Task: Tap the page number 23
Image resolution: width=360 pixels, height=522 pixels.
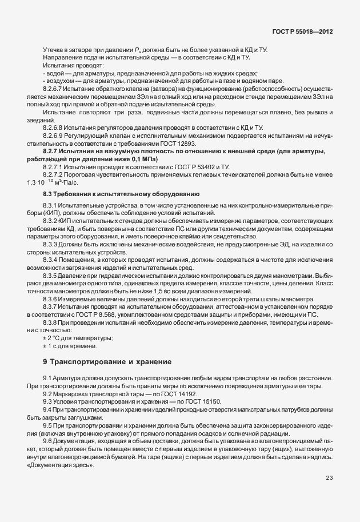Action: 329,478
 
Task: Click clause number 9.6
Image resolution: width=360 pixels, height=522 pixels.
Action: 47,441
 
